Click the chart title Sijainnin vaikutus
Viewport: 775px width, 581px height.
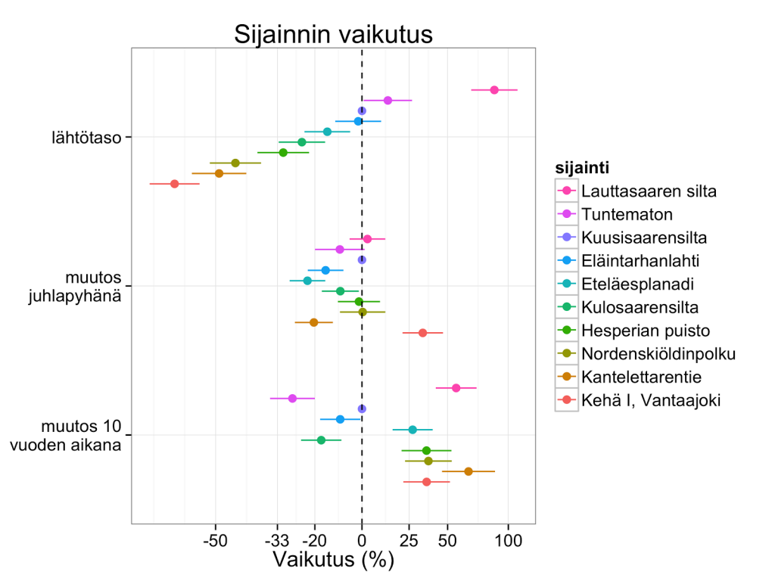click(333, 35)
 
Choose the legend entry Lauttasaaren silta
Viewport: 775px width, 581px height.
click(649, 191)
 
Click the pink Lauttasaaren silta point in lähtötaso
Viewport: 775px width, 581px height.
click(494, 90)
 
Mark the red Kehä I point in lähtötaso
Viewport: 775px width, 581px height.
click(175, 184)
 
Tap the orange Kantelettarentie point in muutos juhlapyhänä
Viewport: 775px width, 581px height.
click(314, 322)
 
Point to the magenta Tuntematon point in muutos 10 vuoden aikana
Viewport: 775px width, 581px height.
click(292, 398)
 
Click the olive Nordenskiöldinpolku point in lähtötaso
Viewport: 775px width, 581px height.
click(235, 163)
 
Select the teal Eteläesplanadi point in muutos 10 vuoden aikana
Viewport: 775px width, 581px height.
click(412, 430)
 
